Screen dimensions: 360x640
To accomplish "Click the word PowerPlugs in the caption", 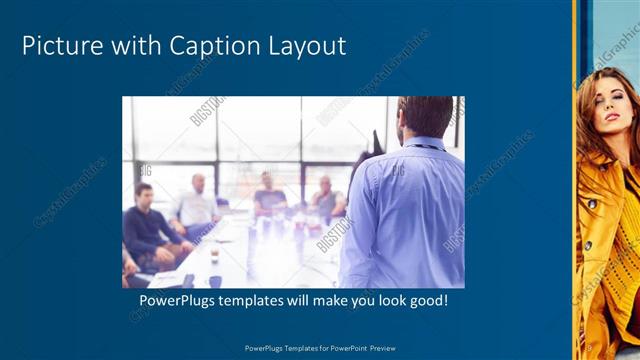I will tap(178, 300).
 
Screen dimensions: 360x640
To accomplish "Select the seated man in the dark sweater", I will tap(147, 225).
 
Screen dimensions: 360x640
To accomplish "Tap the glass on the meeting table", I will tap(214, 257).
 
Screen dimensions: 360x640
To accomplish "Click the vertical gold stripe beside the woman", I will tap(574, 180).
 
